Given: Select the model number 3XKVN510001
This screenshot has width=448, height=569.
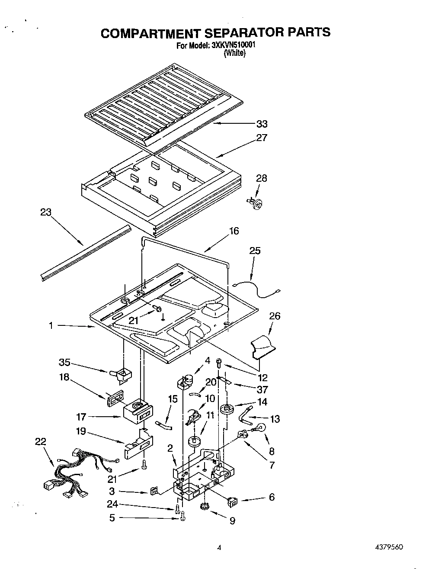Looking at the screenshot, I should (x=233, y=45).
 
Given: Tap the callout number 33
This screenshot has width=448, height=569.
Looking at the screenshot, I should (x=262, y=124).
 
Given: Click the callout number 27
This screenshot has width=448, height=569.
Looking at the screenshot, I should (x=262, y=138).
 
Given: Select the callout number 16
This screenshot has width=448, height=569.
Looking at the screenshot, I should (x=234, y=231).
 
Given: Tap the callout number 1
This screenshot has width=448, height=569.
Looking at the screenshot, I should (x=51, y=325).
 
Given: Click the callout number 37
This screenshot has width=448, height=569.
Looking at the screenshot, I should (x=262, y=390).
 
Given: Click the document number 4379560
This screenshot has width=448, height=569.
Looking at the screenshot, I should (x=390, y=547).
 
